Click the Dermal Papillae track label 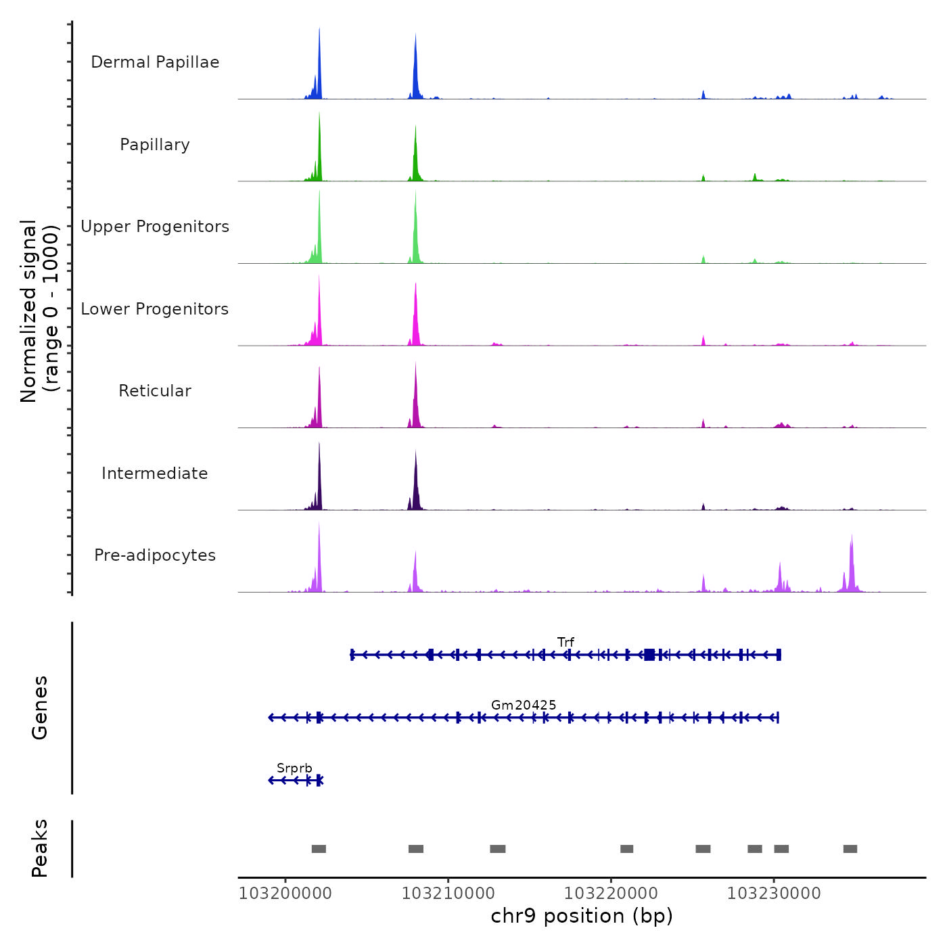pos(155,62)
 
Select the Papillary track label pos(155,145)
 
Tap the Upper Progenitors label pos(155,227)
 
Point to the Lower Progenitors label pos(155,309)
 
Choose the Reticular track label pos(155,391)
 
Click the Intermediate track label pos(155,473)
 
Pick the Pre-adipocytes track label pos(155,555)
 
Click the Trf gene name pos(565,642)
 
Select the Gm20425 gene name pos(524,705)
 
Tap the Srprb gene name pos(294,768)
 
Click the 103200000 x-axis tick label pos(285,894)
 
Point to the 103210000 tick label pos(448,894)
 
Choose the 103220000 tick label pos(611,894)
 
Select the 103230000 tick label pos(774,894)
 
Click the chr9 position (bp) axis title pos(582,916)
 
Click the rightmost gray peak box pos(850,849)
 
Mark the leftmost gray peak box pos(319,849)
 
